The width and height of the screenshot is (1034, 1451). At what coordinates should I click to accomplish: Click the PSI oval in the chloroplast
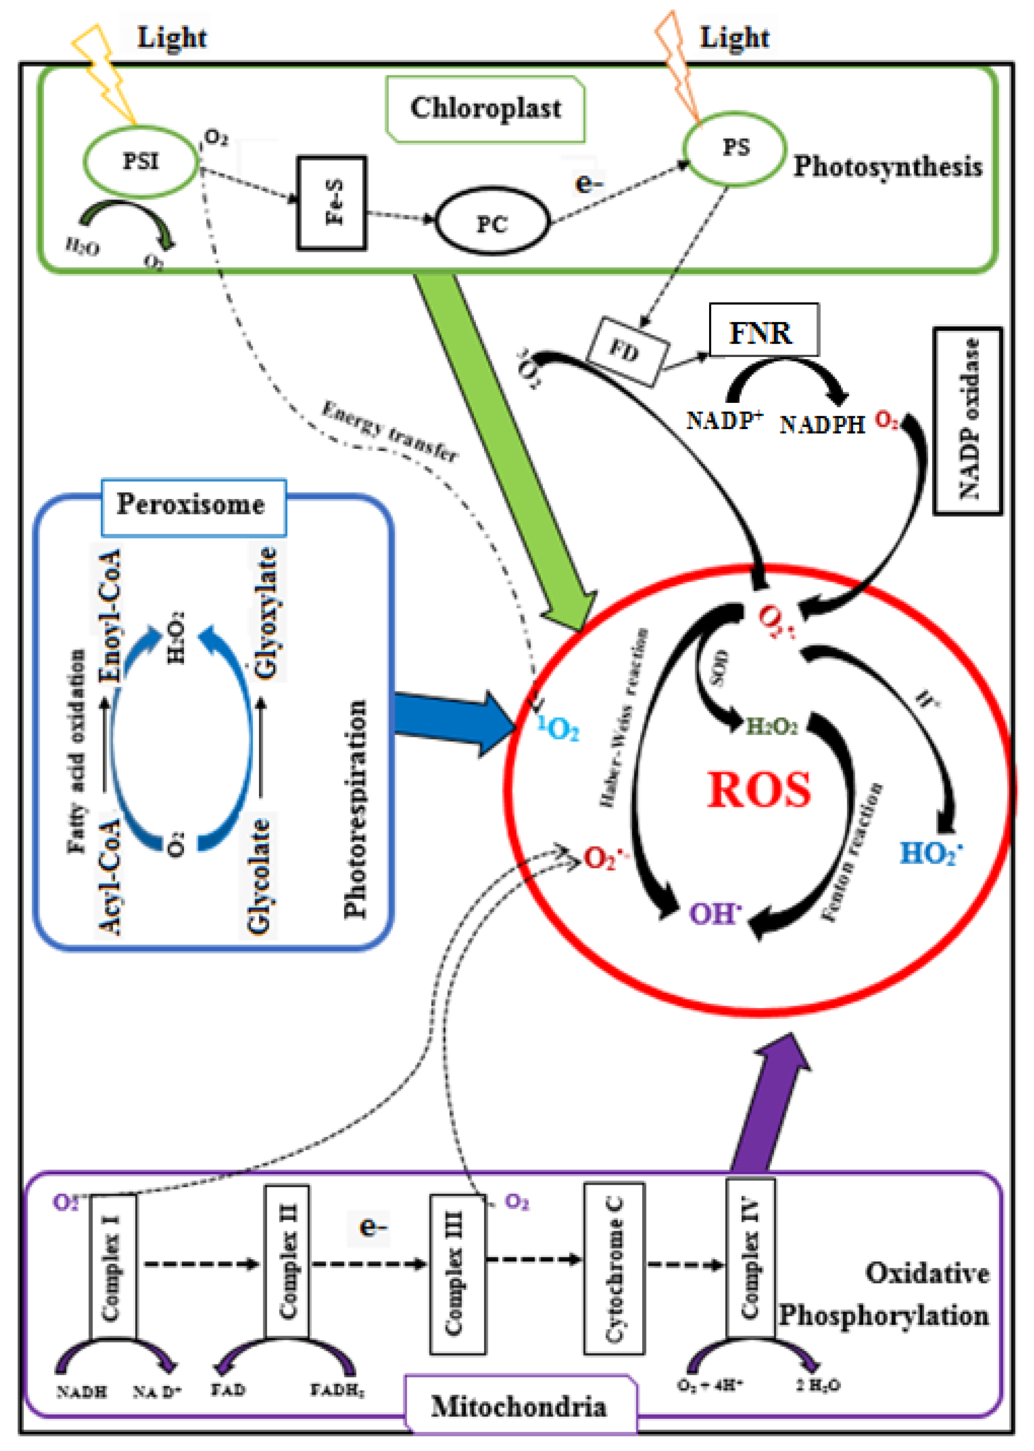pyautogui.click(x=140, y=162)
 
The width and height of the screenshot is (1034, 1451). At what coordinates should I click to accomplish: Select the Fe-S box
pyautogui.click(x=331, y=203)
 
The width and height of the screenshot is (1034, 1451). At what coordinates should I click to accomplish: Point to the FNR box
pyautogui.click(x=764, y=330)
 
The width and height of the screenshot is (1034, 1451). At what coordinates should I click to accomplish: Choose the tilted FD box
pyautogui.click(x=627, y=351)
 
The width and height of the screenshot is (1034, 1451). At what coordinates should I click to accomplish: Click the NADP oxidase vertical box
pyautogui.click(x=967, y=420)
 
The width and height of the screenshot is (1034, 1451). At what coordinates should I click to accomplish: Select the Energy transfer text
pyautogui.click(x=389, y=431)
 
